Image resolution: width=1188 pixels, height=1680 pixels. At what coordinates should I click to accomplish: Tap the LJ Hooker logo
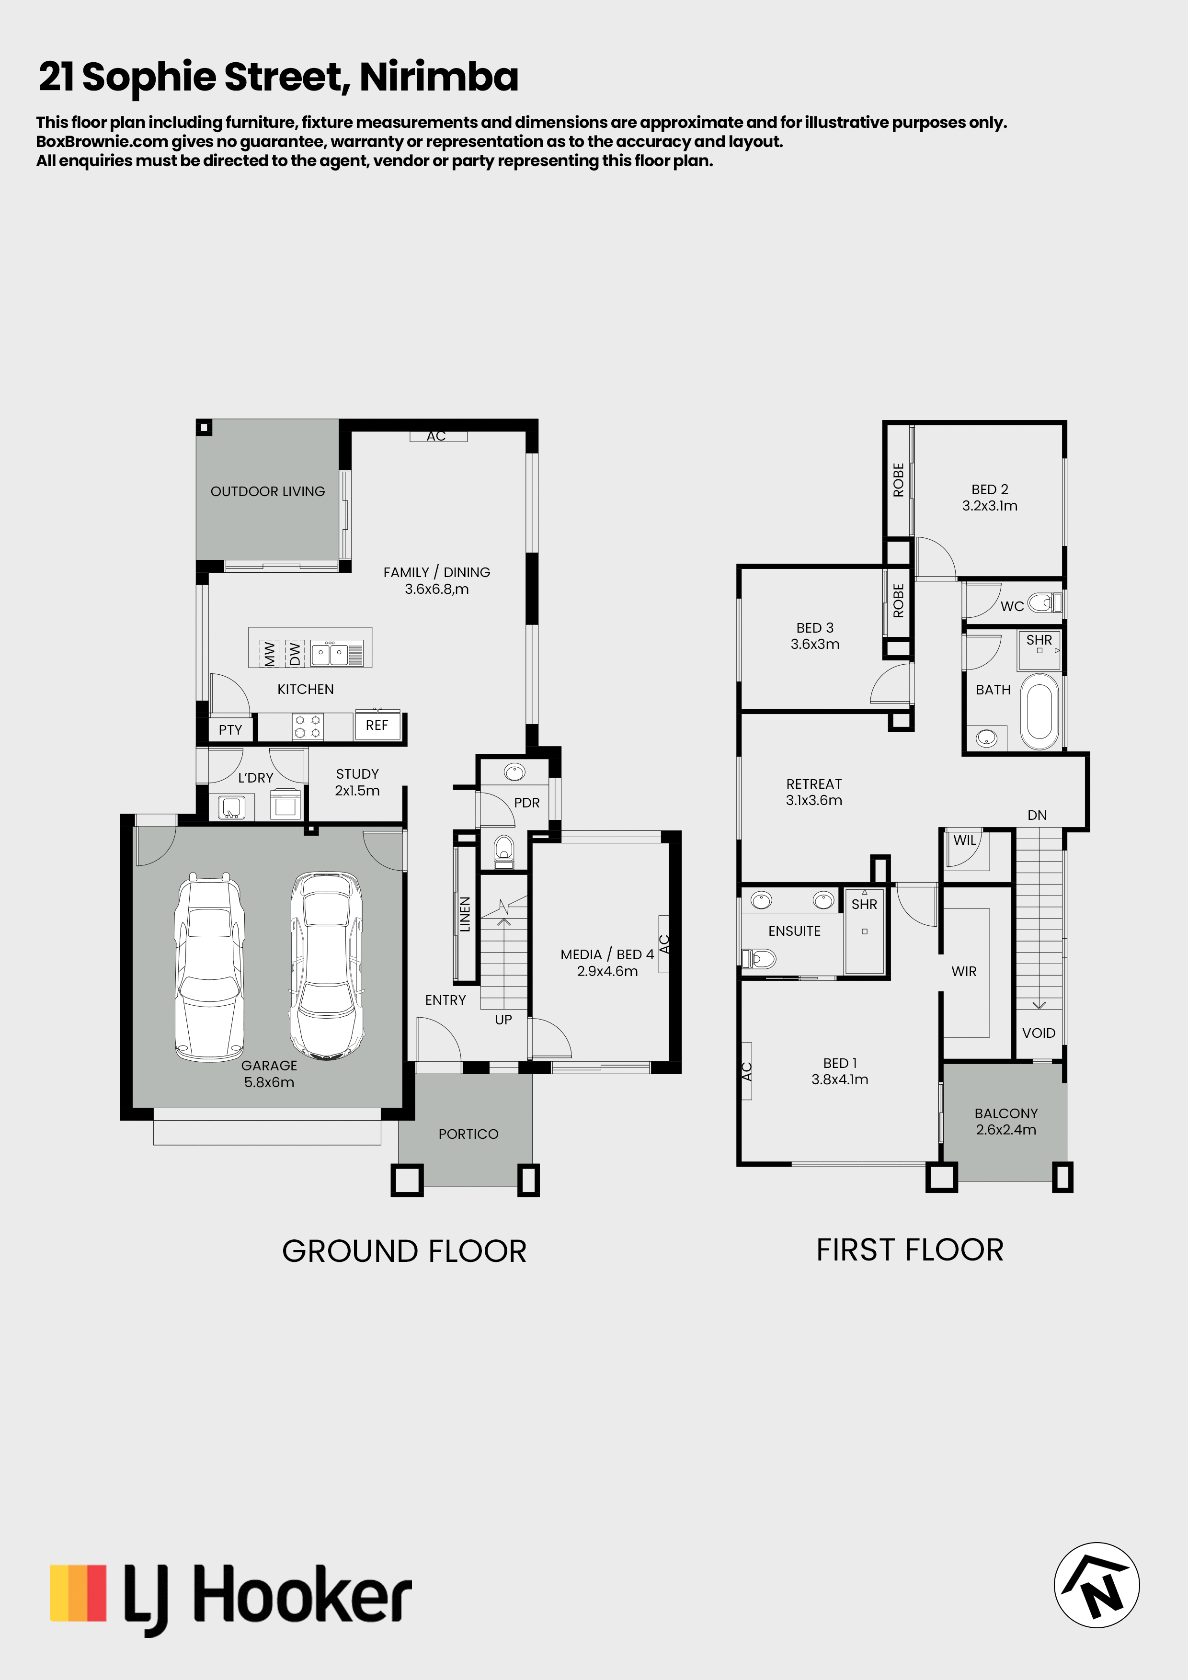[230, 1600]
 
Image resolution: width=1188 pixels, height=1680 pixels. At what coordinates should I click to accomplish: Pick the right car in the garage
[327, 966]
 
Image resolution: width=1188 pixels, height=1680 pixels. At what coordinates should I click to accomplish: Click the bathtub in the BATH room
[1039, 712]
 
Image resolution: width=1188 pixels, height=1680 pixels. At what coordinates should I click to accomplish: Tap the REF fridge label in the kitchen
[377, 725]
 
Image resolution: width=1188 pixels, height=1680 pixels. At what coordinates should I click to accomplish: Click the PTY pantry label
[230, 729]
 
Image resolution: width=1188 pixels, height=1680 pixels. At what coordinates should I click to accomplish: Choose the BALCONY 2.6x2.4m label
[1006, 1121]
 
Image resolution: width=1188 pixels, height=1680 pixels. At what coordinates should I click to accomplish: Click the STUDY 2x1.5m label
[357, 782]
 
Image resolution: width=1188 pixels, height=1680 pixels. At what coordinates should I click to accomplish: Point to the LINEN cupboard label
[464, 915]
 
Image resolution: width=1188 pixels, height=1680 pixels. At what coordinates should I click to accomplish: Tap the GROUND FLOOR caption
[404, 1251]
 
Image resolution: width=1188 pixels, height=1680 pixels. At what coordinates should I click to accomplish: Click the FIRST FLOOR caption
[910, 1250]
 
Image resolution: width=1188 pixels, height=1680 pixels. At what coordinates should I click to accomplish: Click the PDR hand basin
[514, 772]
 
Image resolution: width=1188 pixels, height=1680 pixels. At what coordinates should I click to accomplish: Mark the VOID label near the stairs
[1039, 1033]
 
